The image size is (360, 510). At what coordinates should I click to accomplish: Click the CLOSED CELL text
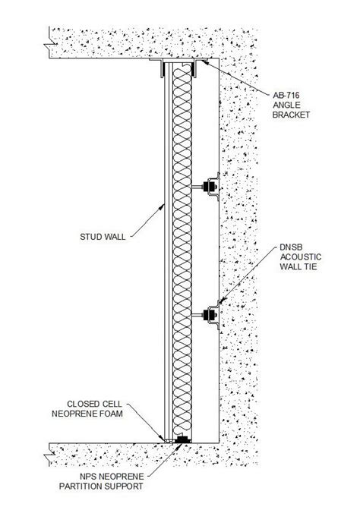click(93, 403)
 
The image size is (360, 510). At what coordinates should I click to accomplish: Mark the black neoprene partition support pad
click(182, 439)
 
